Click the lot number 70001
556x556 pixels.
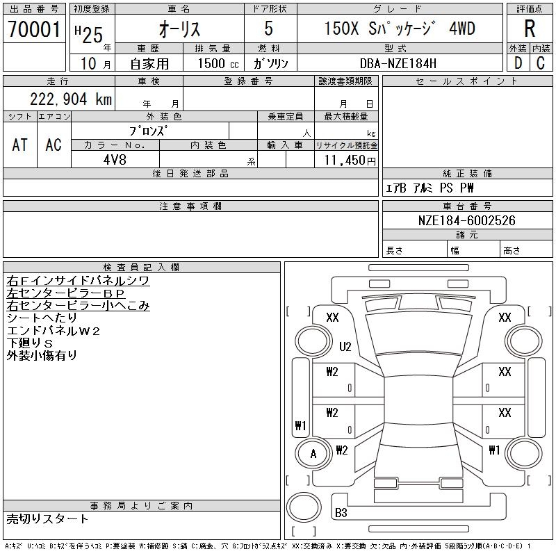(x=35, y=29)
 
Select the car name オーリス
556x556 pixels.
(x=180, y=30)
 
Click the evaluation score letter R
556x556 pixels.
(x=530, y=29)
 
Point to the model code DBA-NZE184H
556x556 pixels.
(x=399, y=63)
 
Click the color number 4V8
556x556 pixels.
(x=115, y=159)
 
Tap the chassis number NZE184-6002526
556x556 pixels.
(x=467, y=220)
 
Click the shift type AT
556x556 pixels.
(x=20, y=145)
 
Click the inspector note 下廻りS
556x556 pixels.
(x=30, y=343)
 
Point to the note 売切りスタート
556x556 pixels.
(x=47, y=518)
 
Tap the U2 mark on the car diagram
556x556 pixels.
(x=345, y=346)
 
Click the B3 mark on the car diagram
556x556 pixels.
(x=341, y=513)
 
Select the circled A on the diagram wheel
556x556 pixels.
(x=313, y=454)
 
